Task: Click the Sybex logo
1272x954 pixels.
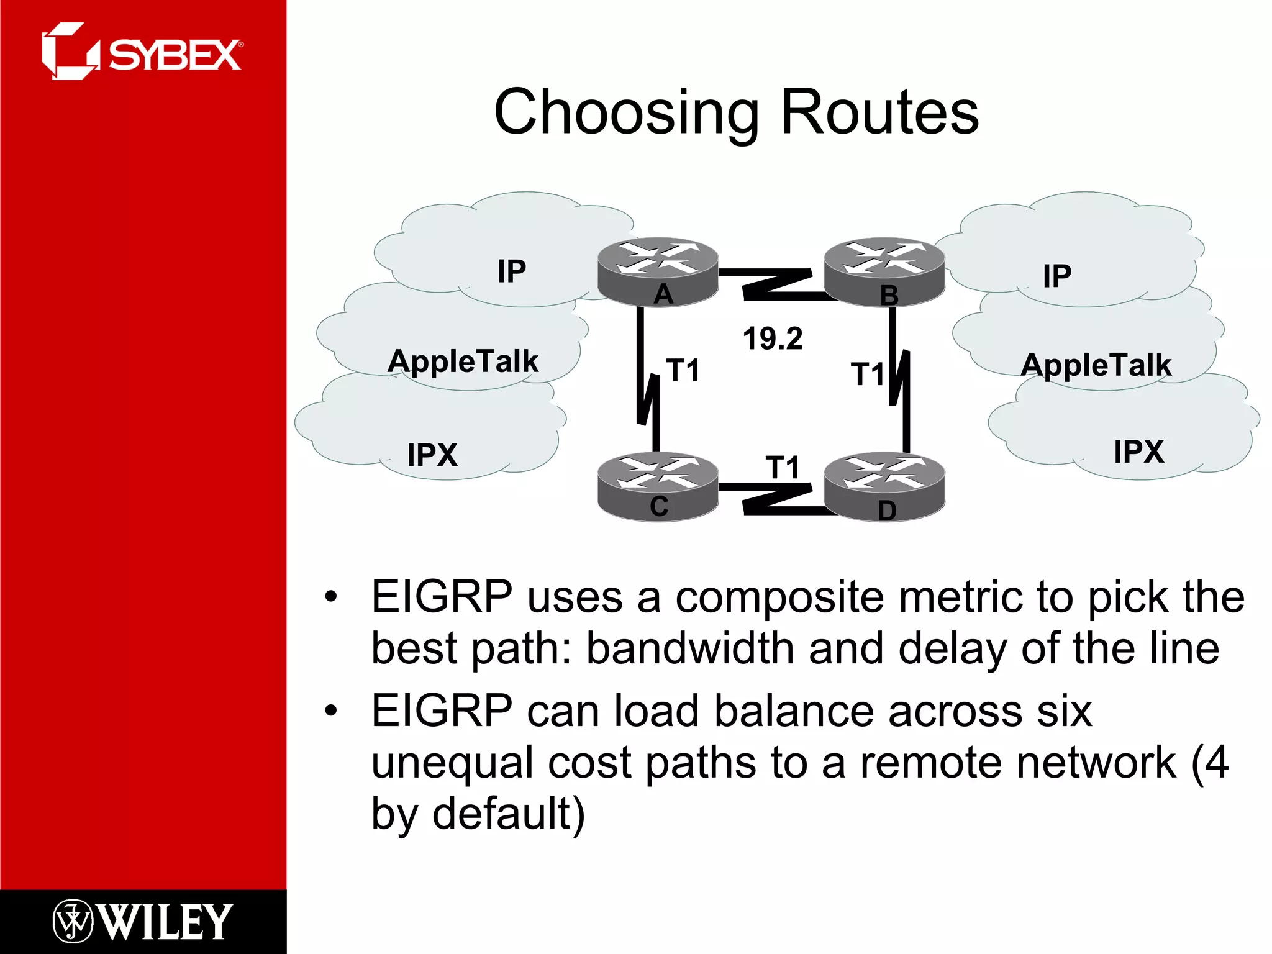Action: pyautogui.click(x=142, y=52)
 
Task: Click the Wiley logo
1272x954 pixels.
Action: pyautogui.click(x=143, y=921)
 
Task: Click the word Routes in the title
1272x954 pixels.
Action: pyautogui.click(x=879, y=112)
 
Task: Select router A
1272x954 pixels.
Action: pyautogui.click(x=658, y=271)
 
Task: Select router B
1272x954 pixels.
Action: pyautogui.click(x=884, y=271)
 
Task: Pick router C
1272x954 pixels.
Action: pyautogui.click(x=658, y=488)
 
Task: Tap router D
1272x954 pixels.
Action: pyautogui.click(x=884, y=488)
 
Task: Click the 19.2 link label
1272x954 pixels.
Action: pyautogui.click(x=773, y=339)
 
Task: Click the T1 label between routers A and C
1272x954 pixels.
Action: pyautogui.click(x=683, y=371)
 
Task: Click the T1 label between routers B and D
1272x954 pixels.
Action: pyautogui.click(x=867, y=375)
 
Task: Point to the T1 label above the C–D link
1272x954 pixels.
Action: pyautogui.click(x=782, y=467)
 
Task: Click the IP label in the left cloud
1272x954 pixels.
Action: pyautogui.click(x=511, y=271)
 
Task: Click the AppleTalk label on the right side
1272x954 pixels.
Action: pyautogui.click(x=1096, y=365)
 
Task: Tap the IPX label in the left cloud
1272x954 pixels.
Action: pyautogui.click(x=432, y=455)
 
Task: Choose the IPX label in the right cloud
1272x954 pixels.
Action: pyautogui.click(x=1138, y=452)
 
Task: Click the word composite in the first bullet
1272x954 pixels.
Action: pyautogui.click(x=779, y=597)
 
